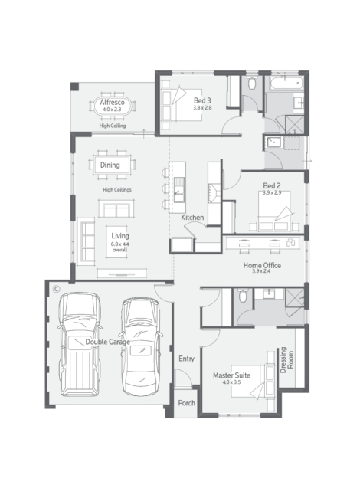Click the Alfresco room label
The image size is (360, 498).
click(x=112, y=102)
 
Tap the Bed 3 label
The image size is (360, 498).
click(x=202, y=100)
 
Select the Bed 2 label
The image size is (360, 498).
click(x=272, y=185)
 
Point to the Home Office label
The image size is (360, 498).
click(x=262, y=265)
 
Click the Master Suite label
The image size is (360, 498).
click(x=232, y=375)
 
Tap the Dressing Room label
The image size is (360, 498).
click(x=286, y=359)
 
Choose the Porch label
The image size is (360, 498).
click(x=186, y=403)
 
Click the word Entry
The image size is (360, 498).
click(x=186, y=359)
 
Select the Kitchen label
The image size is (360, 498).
click(x=192, y=218)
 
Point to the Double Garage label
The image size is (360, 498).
click(x=108, y=342)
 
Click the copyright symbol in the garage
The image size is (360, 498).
click(x=56, y=289)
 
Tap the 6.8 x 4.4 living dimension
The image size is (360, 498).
click(x=120, y=244)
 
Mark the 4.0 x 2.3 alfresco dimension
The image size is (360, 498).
click(x=112, y=110)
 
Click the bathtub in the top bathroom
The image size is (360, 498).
click(x=286, y=84)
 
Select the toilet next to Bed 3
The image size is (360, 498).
click(x=252, y=82)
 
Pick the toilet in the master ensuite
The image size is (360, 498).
click(x=243, y=295)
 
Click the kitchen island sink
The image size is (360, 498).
click(x=179, y=189)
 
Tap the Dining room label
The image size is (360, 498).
click(x=110, y=165)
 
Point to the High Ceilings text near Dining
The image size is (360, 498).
click(x=117, y=189)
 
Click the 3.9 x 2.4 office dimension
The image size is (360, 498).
click(x=262, y=271)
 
